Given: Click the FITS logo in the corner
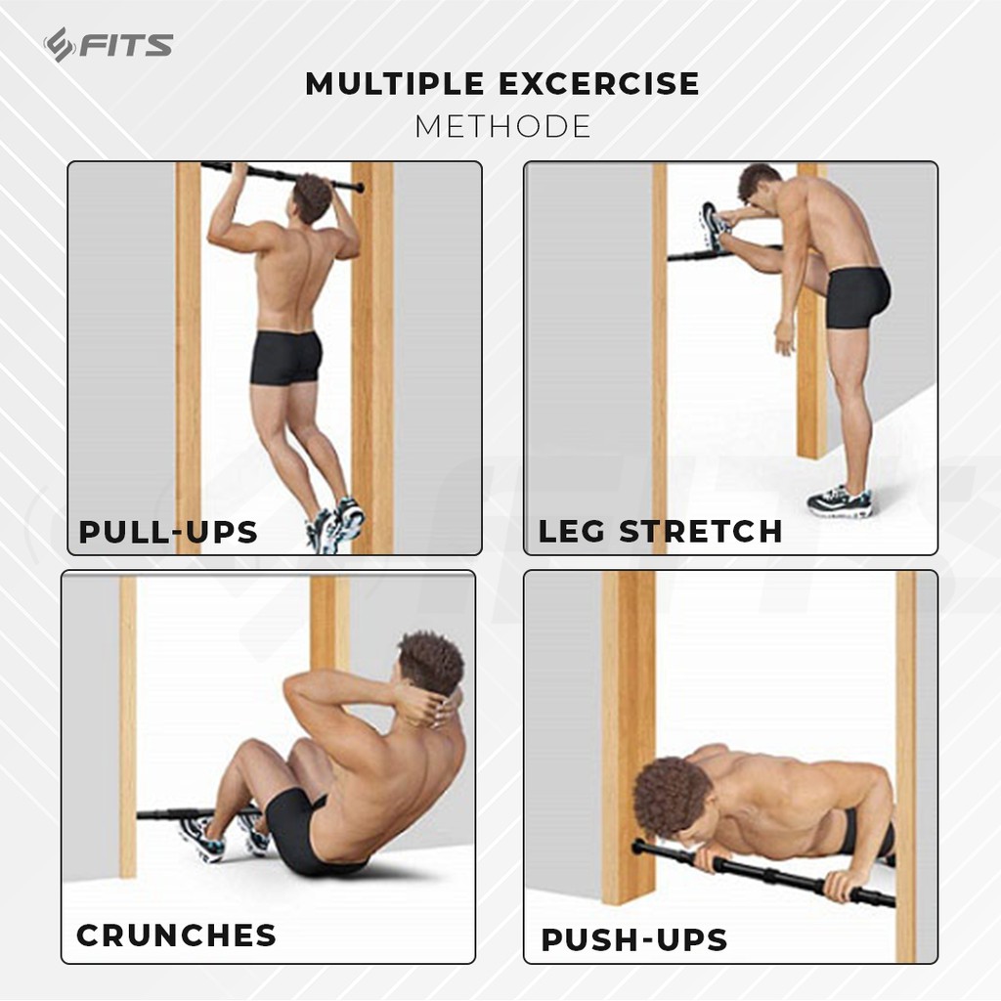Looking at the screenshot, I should [x=108, y=45].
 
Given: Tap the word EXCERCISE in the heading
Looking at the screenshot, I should [x=599, y=84].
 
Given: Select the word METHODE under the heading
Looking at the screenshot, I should [x=502, y=127].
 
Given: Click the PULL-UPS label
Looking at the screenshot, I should [x=168, y=532].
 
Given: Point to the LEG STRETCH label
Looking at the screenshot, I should [x=660, y=531].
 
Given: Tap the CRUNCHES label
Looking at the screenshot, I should [x=176, y=935].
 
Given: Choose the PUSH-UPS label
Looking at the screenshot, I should [x=633, y=940].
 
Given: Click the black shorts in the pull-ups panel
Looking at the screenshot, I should [x=285, y=358].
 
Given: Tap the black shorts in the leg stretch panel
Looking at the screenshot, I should [x=857, y=297].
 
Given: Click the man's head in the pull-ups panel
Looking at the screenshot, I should [x=312, y=197].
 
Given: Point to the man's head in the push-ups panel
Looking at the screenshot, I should [x=673, y=797].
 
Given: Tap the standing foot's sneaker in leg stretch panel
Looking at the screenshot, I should [x=840, y=501].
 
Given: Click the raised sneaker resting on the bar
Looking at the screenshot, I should [x=714, y=227].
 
